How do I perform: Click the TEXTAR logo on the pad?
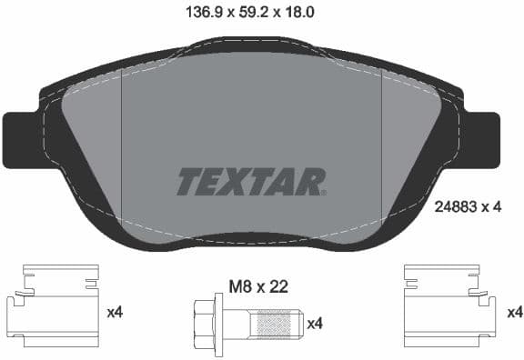(250, 182)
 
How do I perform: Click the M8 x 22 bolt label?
(257, 286)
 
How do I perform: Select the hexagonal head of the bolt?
(205, 322)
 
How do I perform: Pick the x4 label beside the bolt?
(315, 323)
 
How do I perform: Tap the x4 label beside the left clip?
(115, 313)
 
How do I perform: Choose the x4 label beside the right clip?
(515, 313)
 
